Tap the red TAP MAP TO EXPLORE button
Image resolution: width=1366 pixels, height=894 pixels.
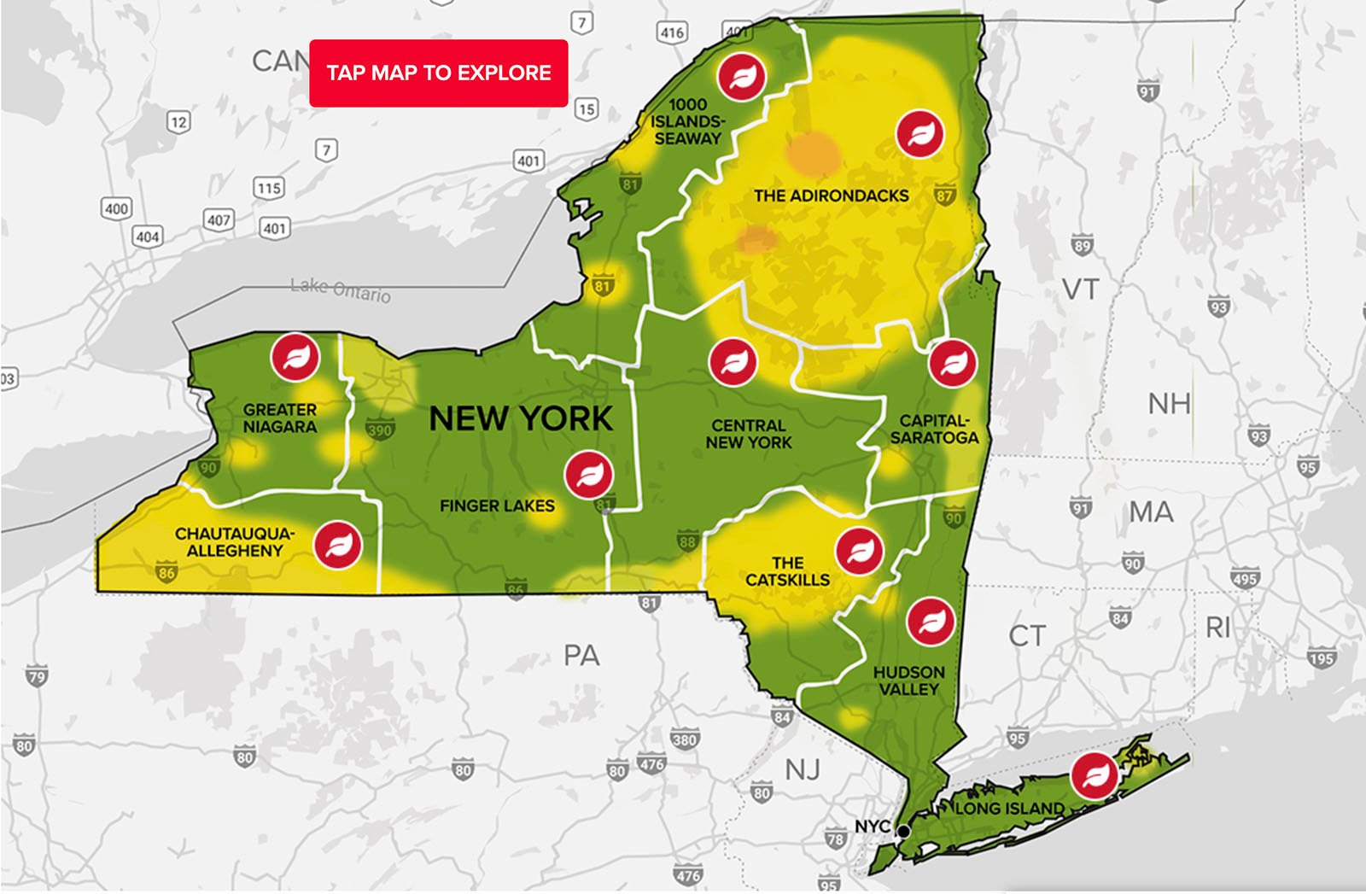coord(438,73)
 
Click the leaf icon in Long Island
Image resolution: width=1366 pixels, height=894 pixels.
coord(1095,774)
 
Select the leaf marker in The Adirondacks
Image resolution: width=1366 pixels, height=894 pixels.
coord(919,134)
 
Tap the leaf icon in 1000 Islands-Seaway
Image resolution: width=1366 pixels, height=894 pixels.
coord(741,76)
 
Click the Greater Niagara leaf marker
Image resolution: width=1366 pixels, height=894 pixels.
coord(295,357)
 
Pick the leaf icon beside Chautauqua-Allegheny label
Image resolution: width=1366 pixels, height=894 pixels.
coord(337,545)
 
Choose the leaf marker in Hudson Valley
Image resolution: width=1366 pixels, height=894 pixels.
coord(930,621)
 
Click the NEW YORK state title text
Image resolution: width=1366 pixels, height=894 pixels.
coord(521,418)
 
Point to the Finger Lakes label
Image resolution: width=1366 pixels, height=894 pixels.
coord(497,506)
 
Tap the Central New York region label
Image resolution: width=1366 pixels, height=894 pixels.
coord(749,434)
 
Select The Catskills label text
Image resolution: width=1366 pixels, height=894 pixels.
coord(787,571)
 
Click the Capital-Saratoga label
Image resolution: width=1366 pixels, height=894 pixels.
coord(934,429)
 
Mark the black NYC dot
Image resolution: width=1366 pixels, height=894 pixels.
coord(903,831)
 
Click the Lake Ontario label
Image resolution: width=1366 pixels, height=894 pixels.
coord(341,289)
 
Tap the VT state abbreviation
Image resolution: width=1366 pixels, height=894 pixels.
coord(1080,289)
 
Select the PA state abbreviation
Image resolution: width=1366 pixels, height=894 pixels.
coord(581,656)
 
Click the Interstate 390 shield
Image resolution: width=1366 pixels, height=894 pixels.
coord(379,429)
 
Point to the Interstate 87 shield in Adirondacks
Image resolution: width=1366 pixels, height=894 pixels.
coord(943,196)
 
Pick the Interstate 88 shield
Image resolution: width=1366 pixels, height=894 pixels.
coord(687,540)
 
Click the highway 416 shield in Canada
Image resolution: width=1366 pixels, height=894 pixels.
coord(672,33)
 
